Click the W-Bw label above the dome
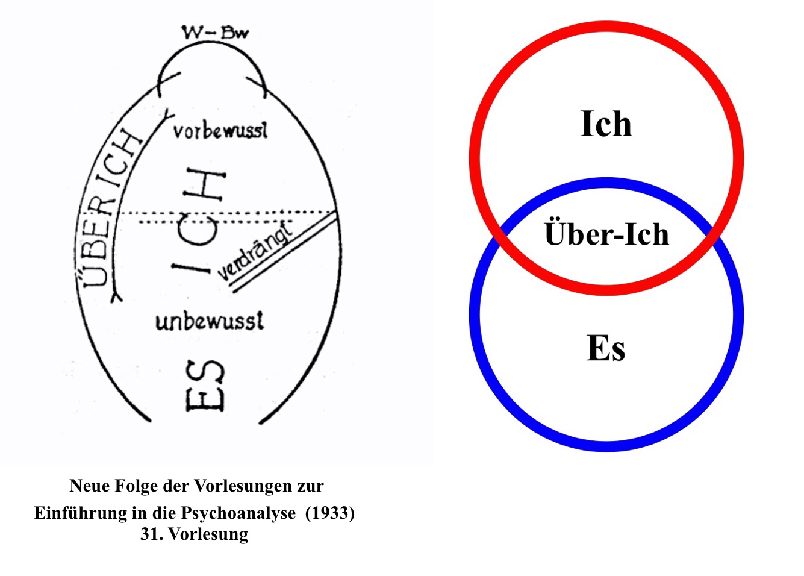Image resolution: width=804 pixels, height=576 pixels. click(x=215, y=32)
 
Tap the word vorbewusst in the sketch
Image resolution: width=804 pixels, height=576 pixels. click(x=220, y=131)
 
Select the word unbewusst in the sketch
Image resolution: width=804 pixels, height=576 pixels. click(x=210, y=321)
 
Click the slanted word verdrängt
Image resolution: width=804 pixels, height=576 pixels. click(x=255, y=251)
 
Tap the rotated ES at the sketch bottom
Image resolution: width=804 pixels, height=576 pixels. click(x=205, y=386)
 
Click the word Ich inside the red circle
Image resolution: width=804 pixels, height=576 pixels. click(x=606, y=124)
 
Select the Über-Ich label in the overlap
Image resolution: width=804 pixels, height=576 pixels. click(x=606, y=234)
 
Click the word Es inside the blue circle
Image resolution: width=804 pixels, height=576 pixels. click(x=606, y=348)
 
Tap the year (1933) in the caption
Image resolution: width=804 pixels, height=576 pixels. click(x=330, y=513)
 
